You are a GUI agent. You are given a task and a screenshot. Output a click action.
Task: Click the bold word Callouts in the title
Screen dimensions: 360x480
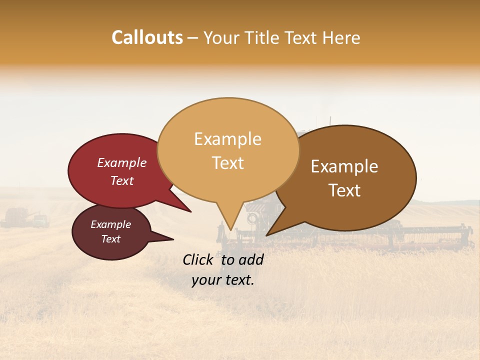click(147, 37)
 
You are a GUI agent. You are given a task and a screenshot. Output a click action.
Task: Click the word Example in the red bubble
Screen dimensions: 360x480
click(121, 162)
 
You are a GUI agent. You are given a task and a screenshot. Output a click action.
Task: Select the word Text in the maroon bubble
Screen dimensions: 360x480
click(111, 239)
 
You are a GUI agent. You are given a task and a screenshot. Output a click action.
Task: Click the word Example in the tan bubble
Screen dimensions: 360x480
click(227, 139)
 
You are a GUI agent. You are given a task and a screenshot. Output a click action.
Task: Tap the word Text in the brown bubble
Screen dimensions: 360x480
click(345, 190)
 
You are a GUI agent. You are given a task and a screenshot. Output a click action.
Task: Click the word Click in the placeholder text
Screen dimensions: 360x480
click(199, 259)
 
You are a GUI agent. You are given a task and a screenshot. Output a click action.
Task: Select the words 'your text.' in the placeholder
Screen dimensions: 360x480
click(222, 280)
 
